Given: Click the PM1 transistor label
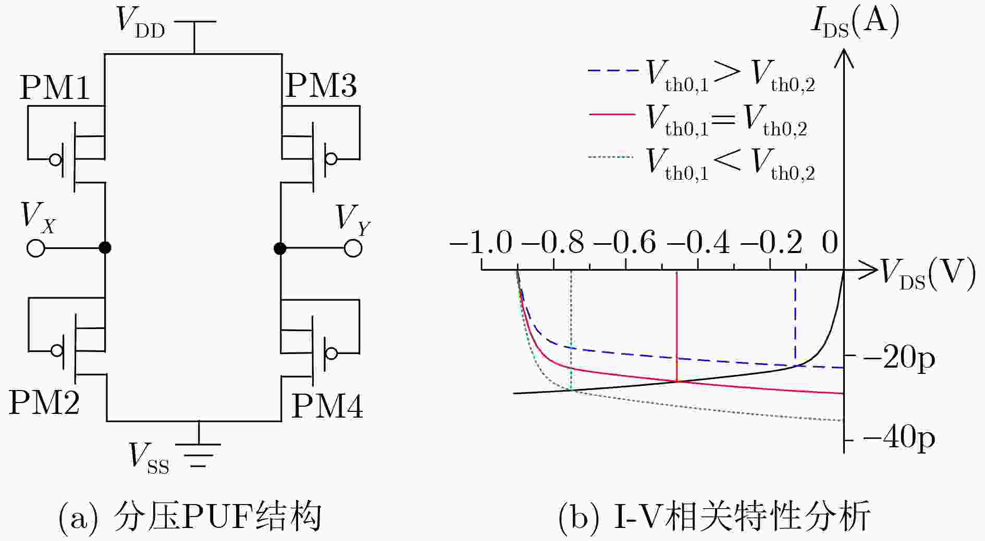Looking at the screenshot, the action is pos(55,87).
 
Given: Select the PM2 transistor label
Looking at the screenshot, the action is pos(44,402).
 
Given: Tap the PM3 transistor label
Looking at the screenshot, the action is pos(322,85).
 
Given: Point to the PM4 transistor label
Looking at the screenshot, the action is pos(327,406).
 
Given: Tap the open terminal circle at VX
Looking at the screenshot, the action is pos(36,248).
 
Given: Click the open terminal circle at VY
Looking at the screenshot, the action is pos(353,248).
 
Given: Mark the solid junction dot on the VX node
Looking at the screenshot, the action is pos(105,247).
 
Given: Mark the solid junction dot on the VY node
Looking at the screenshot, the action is pos(280,248).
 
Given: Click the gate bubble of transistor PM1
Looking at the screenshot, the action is pos(56,159).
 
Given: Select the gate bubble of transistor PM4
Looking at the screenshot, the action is pos(330,354).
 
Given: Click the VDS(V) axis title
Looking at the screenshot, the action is pos(928,274).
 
